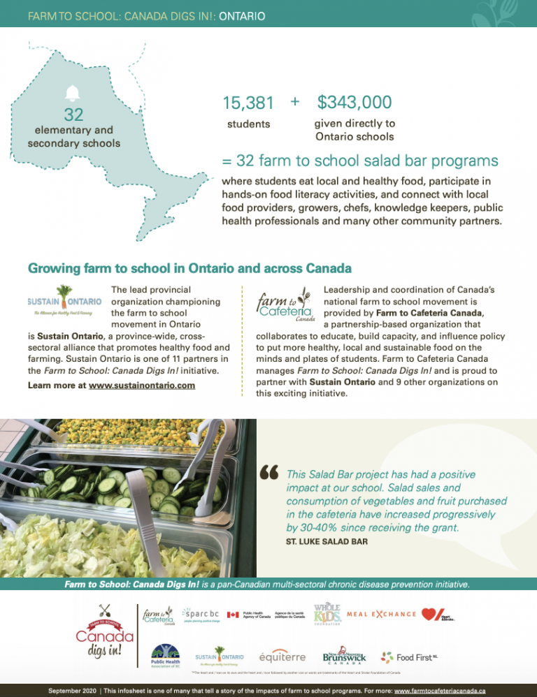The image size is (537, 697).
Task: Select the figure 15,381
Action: click(248, 103)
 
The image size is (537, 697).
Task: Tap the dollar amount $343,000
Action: click(354, 102)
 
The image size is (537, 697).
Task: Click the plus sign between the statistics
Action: click(294, 102)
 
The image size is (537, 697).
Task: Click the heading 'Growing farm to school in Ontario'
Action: click(189, 268)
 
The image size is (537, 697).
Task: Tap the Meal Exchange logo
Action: click(381, 614)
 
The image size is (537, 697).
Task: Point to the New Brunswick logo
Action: click(343, 655)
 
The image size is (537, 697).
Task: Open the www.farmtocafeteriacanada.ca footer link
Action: click(441, 689)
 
